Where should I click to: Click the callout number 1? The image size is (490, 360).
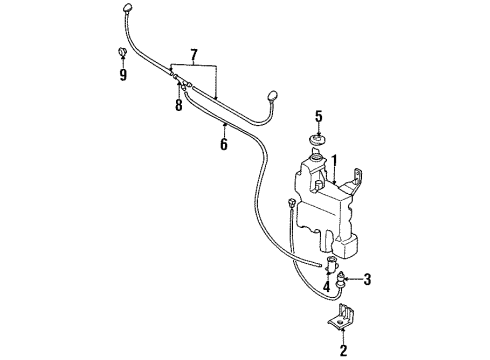coord(335,158)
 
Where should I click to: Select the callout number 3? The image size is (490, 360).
coord(367,279)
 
